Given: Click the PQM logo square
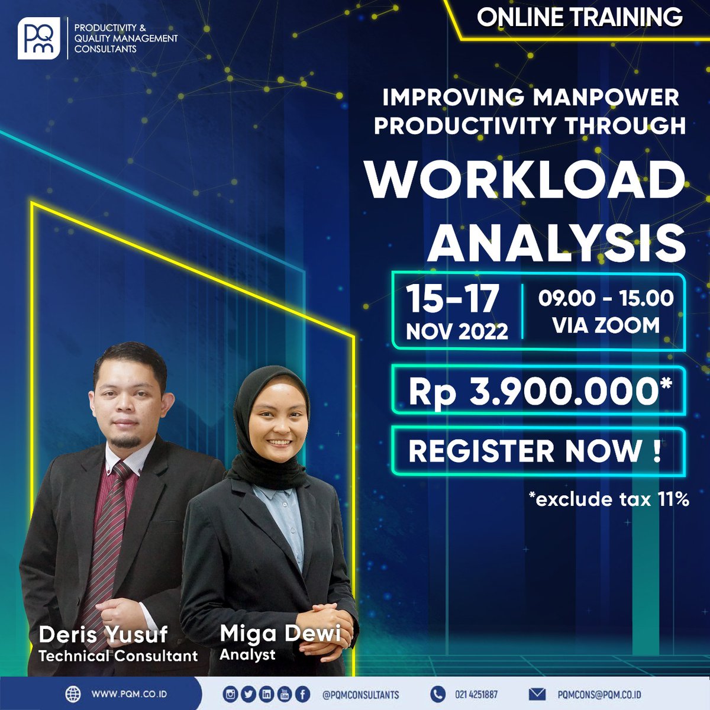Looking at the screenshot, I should pyautogui.click(x=39, y=39).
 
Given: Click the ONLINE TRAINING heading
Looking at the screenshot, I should pyautogui.click(x=579, y=18).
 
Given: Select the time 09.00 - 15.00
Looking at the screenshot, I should pyautogui.click(x=605, y=298).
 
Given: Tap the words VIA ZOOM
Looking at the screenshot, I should pyautogui.click(x=605, y=325).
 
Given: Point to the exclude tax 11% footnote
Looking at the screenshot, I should pyautogui.click(x=609, y=499).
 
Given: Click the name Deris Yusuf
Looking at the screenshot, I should pyautogui.click(x=103, y=635).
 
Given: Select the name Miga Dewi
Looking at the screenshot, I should pyautogui.click(x=280, y=634).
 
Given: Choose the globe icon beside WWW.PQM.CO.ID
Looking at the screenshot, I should pyautogui.click(x=73, y=693).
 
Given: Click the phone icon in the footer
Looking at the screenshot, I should pyautogui.click(x=437, y=694).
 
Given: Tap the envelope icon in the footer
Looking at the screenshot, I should pyautogui.click(x=537, y=694).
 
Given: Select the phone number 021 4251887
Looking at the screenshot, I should pyautogui.click(x=476, y=695).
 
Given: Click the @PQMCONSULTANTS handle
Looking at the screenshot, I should pyautogui.click(x=360, y=695).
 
